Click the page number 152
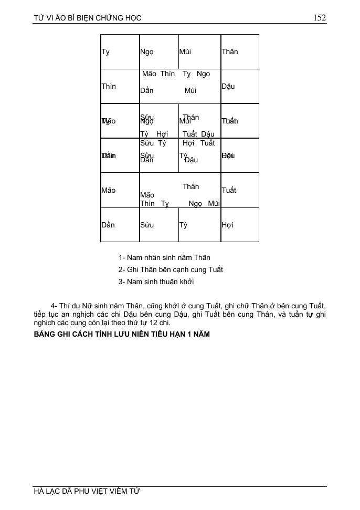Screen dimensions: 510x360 pos(320,17)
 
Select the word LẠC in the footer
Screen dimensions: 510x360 pos(55,492)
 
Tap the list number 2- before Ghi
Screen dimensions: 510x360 pos(122,269)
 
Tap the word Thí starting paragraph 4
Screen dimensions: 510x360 pos(66,306)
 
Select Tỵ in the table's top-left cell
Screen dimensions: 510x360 pos(105,52)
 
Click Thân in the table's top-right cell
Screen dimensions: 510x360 pos(229,51)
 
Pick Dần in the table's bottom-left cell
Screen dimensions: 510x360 pos(108,225)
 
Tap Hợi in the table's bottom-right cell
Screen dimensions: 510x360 pos(227,225)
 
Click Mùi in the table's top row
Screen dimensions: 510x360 pos(185,51)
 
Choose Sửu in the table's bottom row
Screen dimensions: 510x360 pos(146,225)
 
